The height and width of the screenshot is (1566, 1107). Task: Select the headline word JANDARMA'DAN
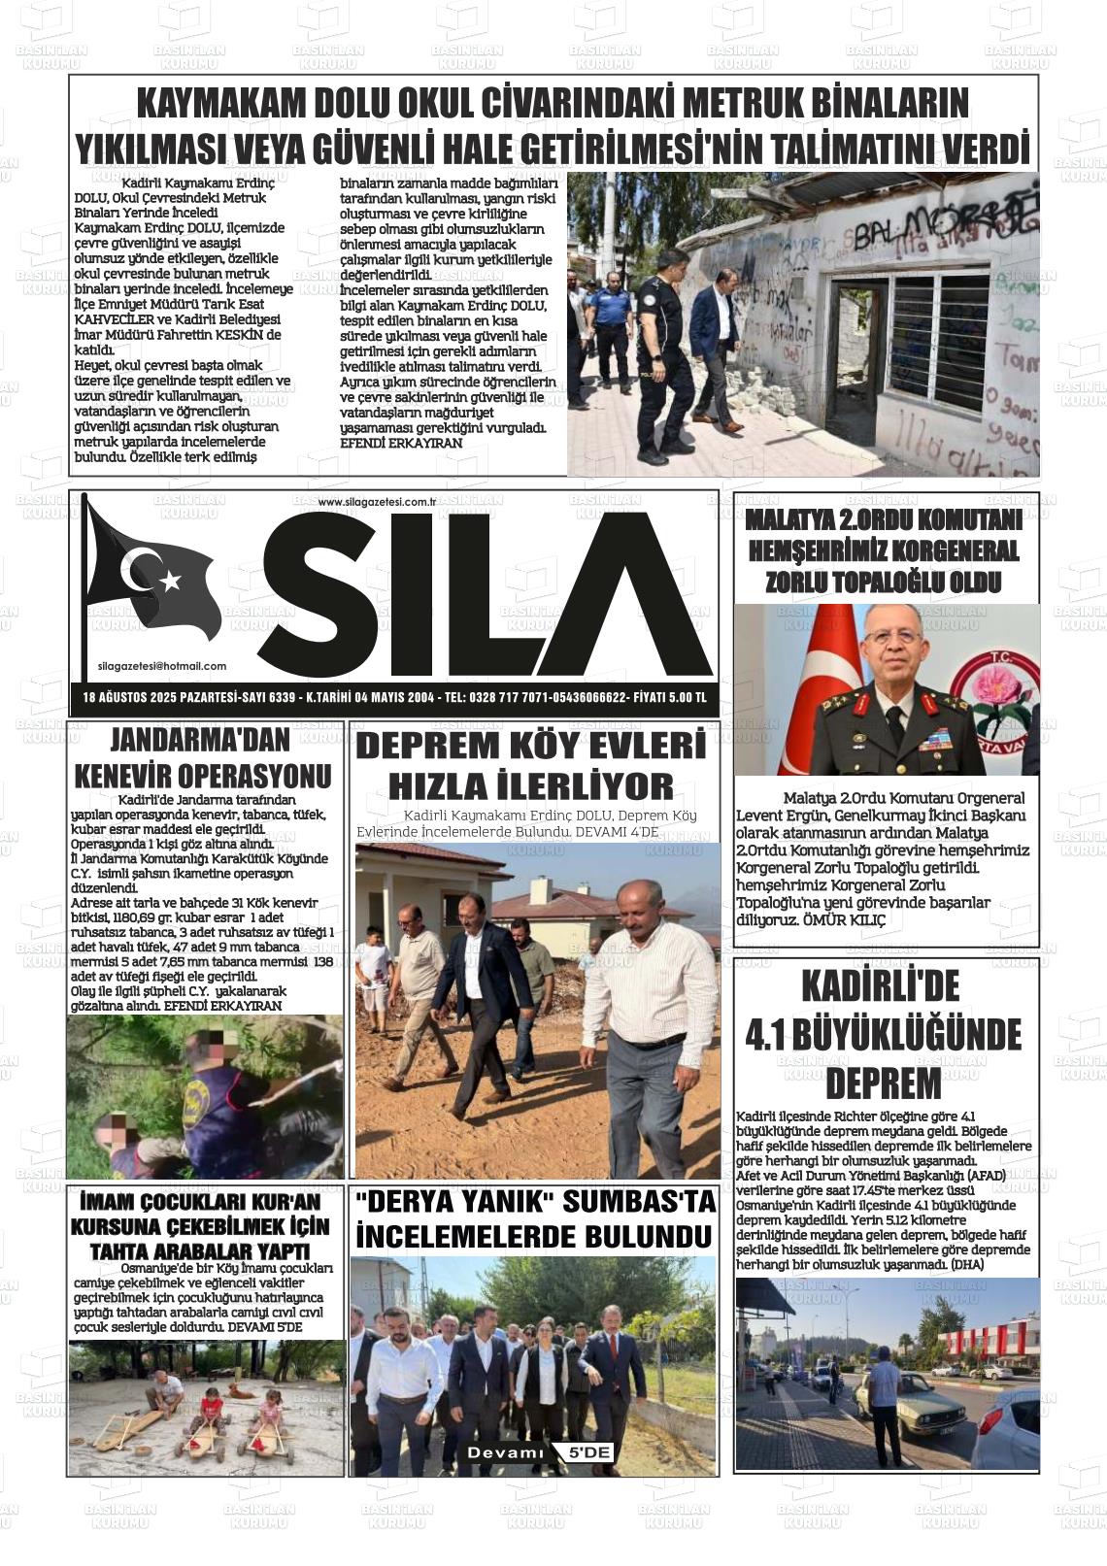[200, 741]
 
